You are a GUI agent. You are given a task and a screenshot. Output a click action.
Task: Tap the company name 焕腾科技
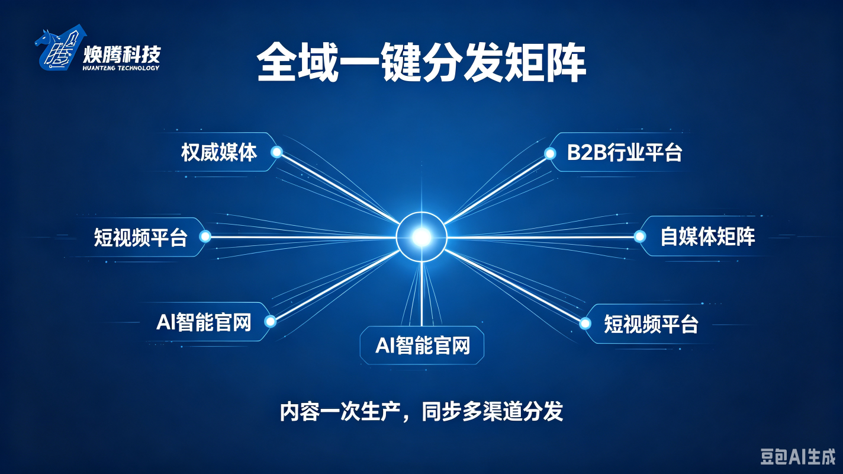[x=122, y=55]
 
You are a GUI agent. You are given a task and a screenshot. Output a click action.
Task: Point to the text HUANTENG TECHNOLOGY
[x=121, y=68]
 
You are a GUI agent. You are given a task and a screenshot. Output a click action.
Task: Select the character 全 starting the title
[x=276, y=63]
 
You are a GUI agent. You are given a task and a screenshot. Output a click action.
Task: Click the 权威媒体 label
[x=219, y=152]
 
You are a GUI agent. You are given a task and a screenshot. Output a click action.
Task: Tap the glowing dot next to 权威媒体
[x=276, y=152]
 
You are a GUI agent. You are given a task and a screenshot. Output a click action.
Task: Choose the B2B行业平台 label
[x=625, y=153]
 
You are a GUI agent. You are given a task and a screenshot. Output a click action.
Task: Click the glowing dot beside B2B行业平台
[x=550, y=153]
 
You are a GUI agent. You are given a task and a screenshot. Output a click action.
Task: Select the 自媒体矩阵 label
[x=707, y=236]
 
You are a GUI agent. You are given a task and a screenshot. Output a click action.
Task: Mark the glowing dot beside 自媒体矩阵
[x=639, y=236]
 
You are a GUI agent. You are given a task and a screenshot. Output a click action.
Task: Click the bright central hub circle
[x=421, y=237]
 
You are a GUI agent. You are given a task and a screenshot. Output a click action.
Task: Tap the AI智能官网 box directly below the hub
[x=422, y=345]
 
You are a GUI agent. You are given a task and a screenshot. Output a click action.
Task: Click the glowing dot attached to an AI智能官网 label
[x=270, y=321]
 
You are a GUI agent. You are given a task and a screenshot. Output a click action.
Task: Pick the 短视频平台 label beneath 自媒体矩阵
[x=651, y=324]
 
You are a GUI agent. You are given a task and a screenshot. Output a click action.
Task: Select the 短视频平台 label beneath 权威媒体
[x=140, y=238]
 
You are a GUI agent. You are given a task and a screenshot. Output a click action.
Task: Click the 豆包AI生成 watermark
[x=797, y=457]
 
